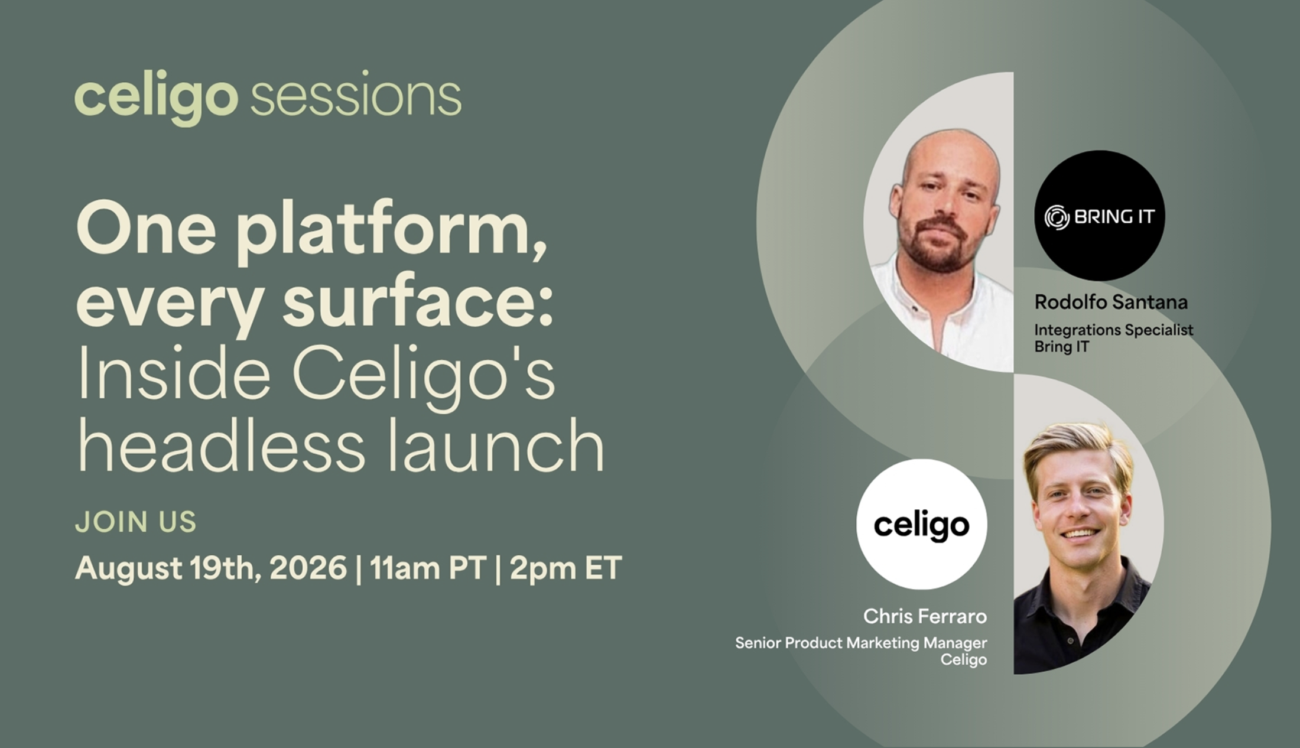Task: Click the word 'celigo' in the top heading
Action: point(156,97)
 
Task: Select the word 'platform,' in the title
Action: point(392,232)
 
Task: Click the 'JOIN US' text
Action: point(135,522)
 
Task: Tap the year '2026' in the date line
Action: point(308,568)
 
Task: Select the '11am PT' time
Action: point(428,568)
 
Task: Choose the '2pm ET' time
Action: point(565,568)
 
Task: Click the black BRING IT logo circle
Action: point(1100,216)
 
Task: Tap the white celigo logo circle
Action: point(922,524)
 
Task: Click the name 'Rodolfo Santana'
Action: point(1111,302)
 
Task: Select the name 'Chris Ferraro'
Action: point(925,616)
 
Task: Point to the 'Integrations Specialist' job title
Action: point(1114,330)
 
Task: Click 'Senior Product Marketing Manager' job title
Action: point(861,643)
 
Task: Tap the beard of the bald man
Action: point(937,248)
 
